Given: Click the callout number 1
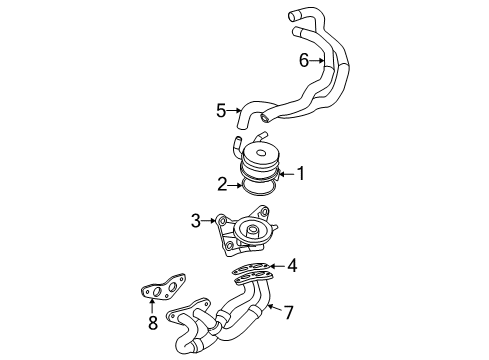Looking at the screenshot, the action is (299, 173).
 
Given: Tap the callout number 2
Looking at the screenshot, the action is (222, 183).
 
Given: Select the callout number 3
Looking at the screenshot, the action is (196, 220).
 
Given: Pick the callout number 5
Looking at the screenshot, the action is (222, 109).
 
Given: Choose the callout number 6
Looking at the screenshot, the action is (304, 61).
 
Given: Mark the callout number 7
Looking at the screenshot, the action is (288, 312).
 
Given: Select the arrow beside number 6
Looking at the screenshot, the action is (319, 61).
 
